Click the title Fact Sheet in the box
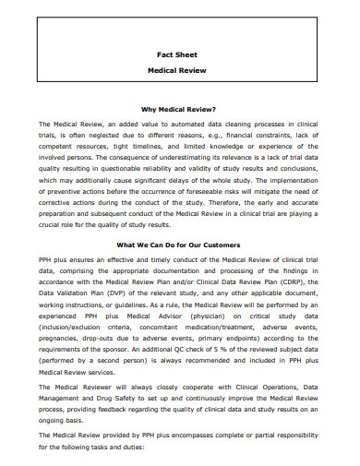click(x=180, y=54)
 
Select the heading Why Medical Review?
click(x=180, y=108)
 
